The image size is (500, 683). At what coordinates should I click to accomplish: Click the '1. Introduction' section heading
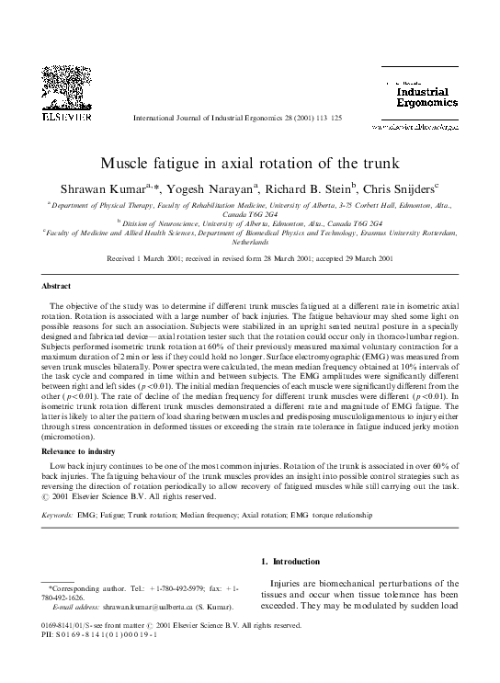(x=292, y=562)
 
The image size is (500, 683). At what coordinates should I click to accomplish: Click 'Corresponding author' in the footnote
(x=88, y=586)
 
